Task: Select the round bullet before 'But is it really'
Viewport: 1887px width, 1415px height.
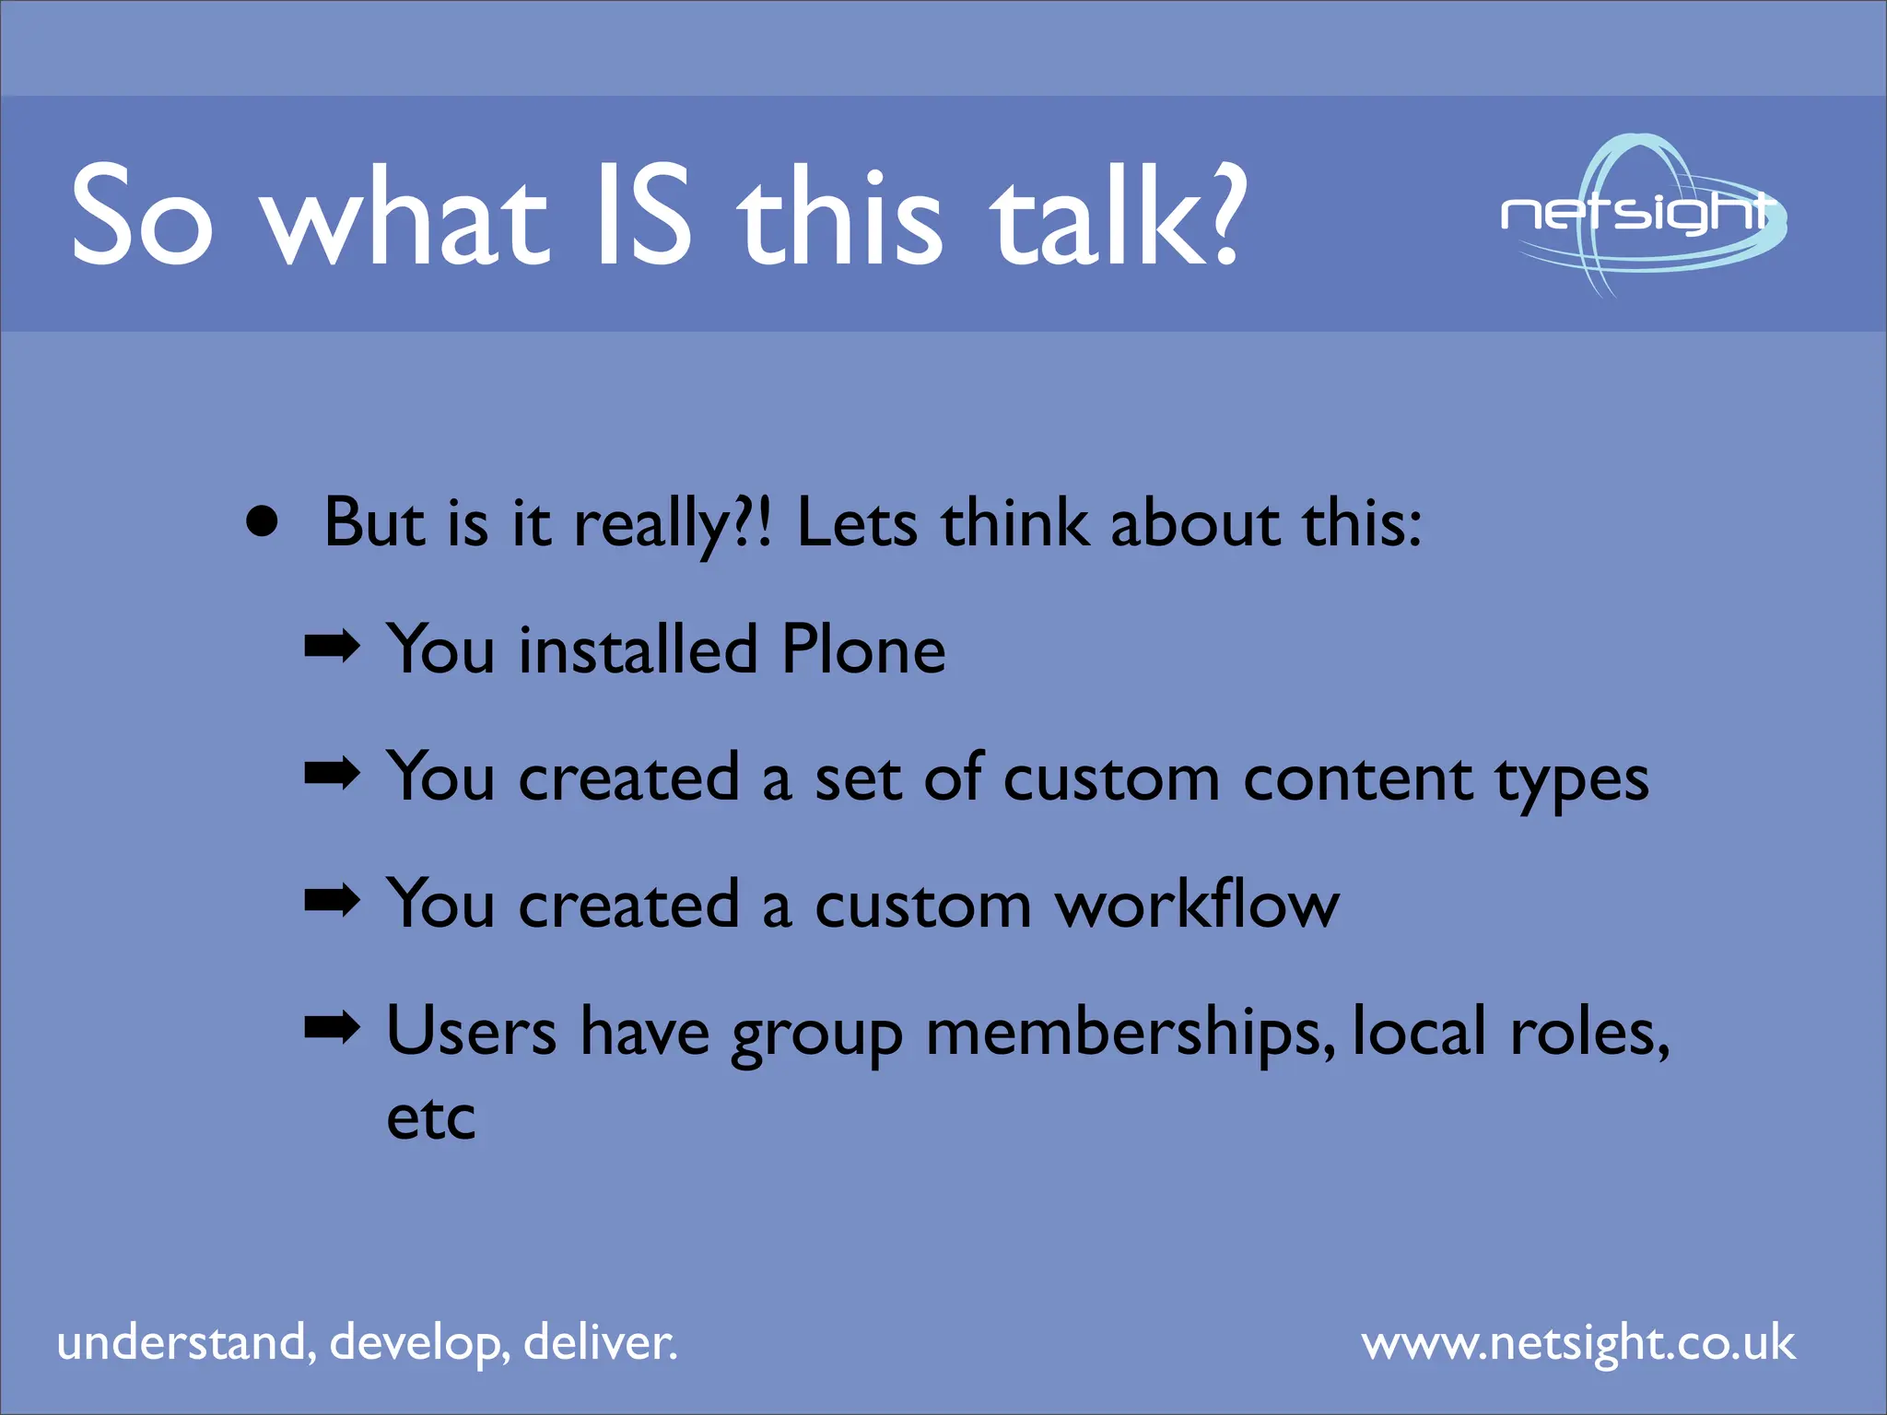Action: tap(263, 522)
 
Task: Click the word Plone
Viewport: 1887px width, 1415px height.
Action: tap(863, 649)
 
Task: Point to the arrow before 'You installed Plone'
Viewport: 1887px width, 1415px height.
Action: tap(332, 648)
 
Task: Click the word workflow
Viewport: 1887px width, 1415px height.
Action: tap(1197, 904)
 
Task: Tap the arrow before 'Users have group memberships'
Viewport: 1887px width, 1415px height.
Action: tap(332, 1027)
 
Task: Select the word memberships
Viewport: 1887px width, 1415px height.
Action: tap(1130, 1033)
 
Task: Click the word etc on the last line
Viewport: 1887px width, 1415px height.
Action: tap(430, 1118)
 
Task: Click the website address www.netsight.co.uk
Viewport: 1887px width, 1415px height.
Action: tap(1578, 1343)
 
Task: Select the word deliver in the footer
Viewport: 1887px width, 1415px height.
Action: tap(599, 1343)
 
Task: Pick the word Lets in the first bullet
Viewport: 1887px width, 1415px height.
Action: tap(857, 523)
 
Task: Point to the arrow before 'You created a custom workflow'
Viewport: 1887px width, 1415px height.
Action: tap(332, 901)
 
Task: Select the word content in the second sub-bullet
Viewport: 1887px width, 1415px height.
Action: tap(1357, 778)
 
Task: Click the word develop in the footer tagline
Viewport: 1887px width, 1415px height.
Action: tap(419, 1343)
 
